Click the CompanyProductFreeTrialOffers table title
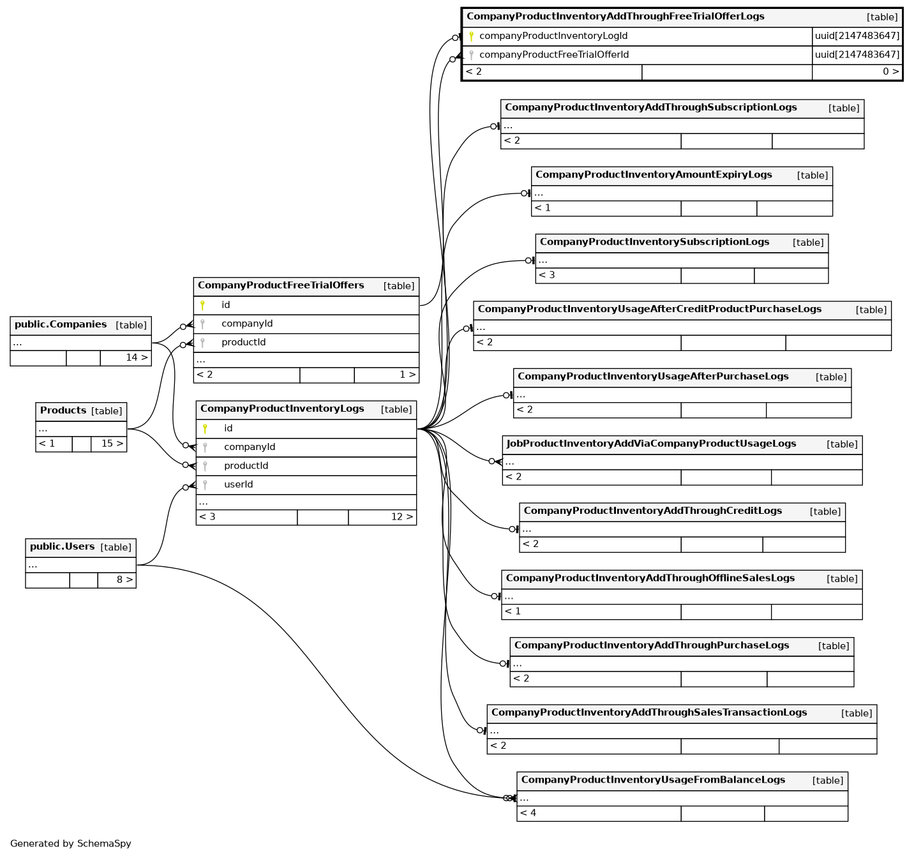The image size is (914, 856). pyautogui.click(x=281, y=285)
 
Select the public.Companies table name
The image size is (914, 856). pyautogui.click(x=61, y=324)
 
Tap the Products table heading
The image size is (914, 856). pyautogui.click(x=63, y=410)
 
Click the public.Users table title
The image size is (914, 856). pyautogui.click(x=62, y=546)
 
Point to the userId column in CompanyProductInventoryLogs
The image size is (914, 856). pyautogui.click(x=238, y=484)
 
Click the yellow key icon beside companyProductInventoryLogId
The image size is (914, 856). pyautogui.click(x=472, y=36)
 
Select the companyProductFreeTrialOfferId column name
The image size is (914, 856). pyautogui.click(x=553, y=55)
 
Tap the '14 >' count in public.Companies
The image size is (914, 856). pyautogui.click(x=137, y=357)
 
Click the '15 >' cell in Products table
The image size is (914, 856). pyautogui.click(x=112, y=444)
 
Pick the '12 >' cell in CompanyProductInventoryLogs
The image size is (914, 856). pyautogui.click(x=401, y=517)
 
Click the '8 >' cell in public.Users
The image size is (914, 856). pyautogui.click(x=124, y=580)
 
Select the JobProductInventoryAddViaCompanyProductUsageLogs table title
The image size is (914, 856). pyautogui.click(x=651, y=444)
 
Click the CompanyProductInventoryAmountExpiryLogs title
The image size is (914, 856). pyautogui.click(x=654, y=175)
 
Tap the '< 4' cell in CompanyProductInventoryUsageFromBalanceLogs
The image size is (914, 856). pyautogui.click(x=528, y=813)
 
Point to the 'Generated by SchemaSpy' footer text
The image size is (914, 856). pyautogui.click(x=71, y=843)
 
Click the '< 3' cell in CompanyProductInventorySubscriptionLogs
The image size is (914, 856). pyautogui.click(x=546, y=275)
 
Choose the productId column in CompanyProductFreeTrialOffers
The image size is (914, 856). pyautogui.click(x=243, y=342)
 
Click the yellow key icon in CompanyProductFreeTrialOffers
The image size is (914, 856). pyautogui.click(x=202, y=305)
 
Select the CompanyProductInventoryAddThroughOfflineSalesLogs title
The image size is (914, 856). pyautogui.click(x=650, y=578)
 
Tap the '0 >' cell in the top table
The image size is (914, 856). pyautogui.click(x=890, y=71)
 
